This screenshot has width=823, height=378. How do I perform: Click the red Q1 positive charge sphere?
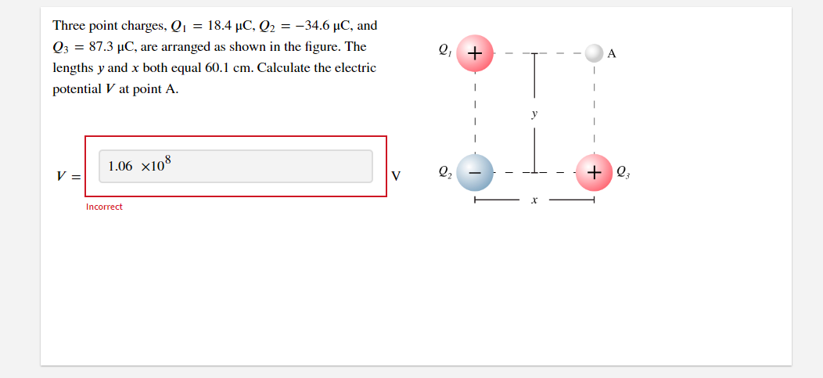pyautogui.click(x=475, y=53)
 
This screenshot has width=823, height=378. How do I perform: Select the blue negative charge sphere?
pyautogui.click(x=475, y=172)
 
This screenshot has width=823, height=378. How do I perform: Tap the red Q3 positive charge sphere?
pyautogui.click(x=594, y=172)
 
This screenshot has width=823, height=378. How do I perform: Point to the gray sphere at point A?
pyautogui.click(x=594, y=53)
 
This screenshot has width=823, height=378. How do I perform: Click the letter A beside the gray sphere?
pyautogui.click(x=612, y=53)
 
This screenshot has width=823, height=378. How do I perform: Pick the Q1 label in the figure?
pyautogui.click(x=444, y=50)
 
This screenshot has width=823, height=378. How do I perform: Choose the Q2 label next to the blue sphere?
pyautogui.click(x=444, y=171)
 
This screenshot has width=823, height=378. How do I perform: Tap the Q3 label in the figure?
pyautogui.click(x=623, y=171)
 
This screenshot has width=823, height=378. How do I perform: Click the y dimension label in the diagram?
pyautogui.click(x=534, y=114)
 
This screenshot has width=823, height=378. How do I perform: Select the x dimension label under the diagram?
pyautogui.click(x=534, y=200)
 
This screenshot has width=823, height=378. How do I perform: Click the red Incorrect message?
pyautogui.click(x=104, y=207)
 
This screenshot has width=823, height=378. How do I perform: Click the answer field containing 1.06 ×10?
pyautogui.click(x=235, y=167)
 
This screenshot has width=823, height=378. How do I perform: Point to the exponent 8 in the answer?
pyautogui.click(x=168, y=160)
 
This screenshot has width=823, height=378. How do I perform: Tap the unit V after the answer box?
pyautogui.click(x=396, y=176)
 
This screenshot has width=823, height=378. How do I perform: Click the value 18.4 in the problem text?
pyautogui.click(x=218, y=25)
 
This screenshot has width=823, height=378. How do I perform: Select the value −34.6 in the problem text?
pyautogui.click(x=313, y=25)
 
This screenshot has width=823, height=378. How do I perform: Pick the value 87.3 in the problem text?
pyautogui.click(x=100, y=47)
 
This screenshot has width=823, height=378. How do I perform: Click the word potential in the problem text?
pyautogui.click(x=77, y=89)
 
